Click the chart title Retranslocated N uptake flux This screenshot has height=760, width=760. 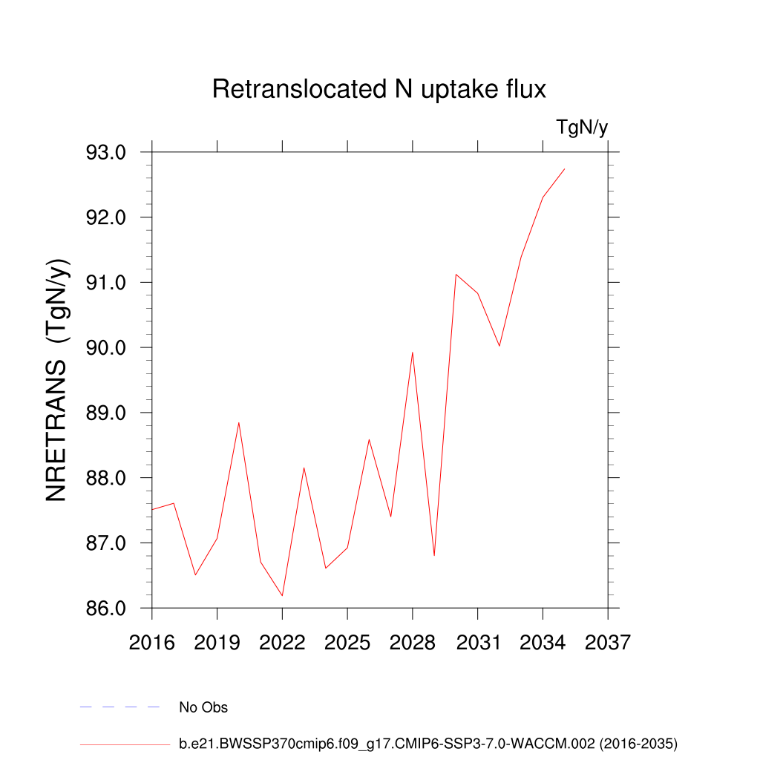coord(379,89)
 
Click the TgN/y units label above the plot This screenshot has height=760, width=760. coord(582,128)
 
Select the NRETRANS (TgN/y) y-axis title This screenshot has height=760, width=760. coord(58,380)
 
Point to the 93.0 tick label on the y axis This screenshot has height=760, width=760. coord(107,152)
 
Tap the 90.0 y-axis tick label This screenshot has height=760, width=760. coord(107,347)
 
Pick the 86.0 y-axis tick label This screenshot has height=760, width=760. coord(107,608)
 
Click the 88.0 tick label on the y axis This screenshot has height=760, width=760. coord(107,478)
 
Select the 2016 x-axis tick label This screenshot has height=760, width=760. coord(152,642)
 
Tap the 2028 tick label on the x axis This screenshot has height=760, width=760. coord(413,642)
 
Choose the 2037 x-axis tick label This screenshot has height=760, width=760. coord(608,642)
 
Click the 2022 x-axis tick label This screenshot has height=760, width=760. coord(282,642)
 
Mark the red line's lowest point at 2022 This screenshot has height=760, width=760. coord(282,595)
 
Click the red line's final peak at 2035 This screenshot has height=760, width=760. coord(565,169)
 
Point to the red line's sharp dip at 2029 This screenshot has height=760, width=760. coord(434,555)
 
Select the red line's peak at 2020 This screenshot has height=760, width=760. coord(239,423)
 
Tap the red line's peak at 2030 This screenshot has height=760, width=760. coord(456,275)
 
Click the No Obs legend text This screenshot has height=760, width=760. coord(203,707)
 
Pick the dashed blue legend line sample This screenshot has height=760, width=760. coord(120,707)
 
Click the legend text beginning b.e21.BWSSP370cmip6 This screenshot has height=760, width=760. coord(428,743)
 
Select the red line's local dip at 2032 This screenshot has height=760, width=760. coord(499,346)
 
